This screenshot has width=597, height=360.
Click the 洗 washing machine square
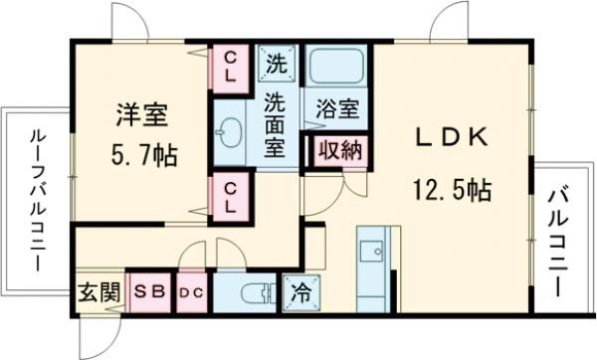(x=277, y=64)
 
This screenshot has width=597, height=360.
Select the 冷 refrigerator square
(x=299, y=292)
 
